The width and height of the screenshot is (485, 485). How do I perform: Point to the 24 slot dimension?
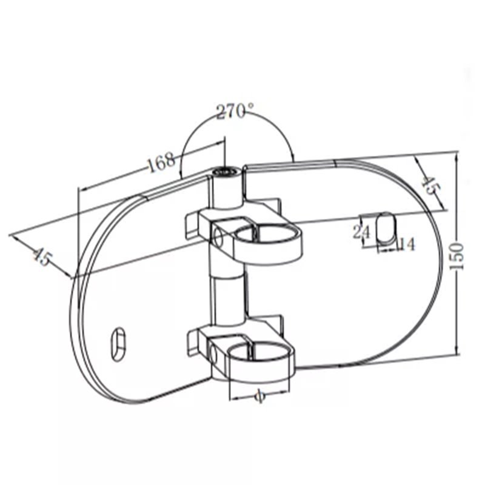pyautogui.click(x=361, y=232)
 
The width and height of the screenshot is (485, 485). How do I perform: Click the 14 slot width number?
pyautogui.click(x=406, y=244)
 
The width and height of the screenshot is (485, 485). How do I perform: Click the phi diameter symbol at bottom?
pyautogui.click(x=259, y=396)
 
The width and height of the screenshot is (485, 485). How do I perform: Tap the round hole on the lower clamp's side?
pyautogui.click(x=215, y=352)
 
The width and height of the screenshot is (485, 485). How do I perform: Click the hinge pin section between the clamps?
pyautogui.click(x=230, y=297)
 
